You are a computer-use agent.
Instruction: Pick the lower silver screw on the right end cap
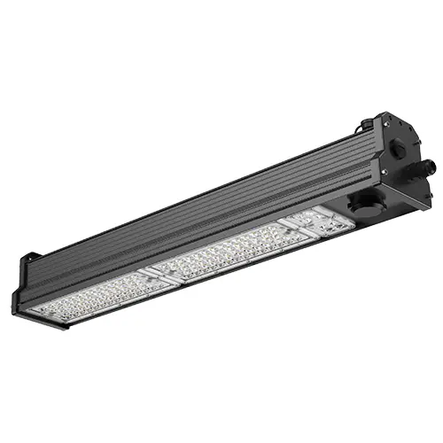click(x=383, y=172)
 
